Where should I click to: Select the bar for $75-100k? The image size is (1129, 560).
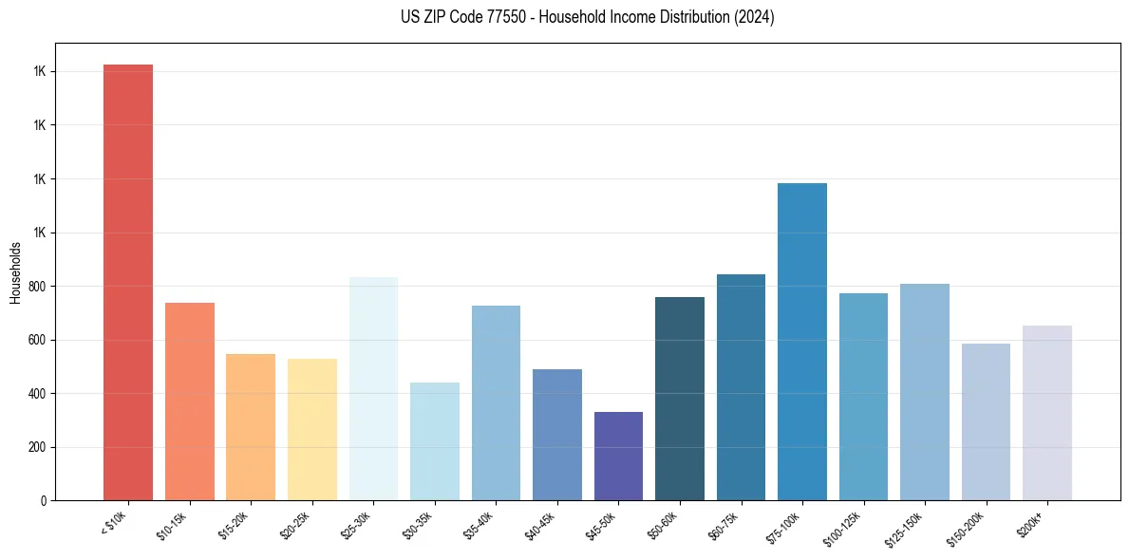point(802,342)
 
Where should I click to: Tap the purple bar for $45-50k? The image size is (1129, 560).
point(618,456)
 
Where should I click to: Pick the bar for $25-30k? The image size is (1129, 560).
point(373,388)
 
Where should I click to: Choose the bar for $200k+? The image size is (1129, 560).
point(1047,413)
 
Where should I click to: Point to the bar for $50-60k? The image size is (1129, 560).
point(680,399)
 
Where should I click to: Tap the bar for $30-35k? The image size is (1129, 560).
point(435,441)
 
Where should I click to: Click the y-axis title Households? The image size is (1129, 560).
point(15,272)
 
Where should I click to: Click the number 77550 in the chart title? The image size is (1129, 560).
point(510,17)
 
